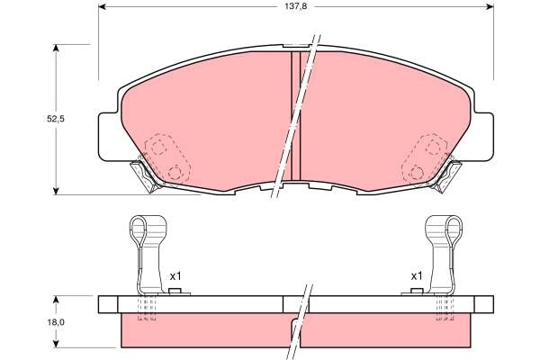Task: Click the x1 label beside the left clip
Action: pos(176,275)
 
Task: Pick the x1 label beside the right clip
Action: pos(416,275)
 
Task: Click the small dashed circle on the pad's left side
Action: pos(174,172)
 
